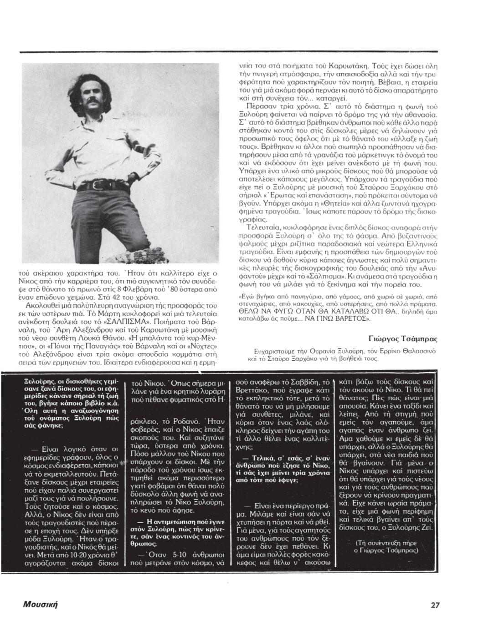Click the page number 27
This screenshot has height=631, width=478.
435,605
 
